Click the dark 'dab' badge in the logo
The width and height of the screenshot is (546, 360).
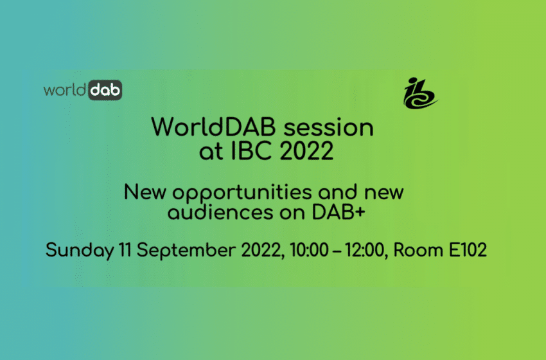tap(105, 90)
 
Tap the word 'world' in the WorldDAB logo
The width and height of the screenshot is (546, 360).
tap(65, 90)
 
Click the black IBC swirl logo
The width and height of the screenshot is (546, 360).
tap(419, 93)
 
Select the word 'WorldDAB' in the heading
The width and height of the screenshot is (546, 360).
tap(213, 127)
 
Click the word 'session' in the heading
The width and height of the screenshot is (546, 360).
tap(329, 127)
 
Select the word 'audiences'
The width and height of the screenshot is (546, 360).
tap(220, 213)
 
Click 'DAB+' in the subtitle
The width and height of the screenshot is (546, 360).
tap(339, 213)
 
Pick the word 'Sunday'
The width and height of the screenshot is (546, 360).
tap(80, 251)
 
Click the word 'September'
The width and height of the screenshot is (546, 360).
tap(186, 251)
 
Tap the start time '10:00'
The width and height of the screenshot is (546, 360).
tap(309, 250)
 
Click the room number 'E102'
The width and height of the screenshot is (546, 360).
tap(468, 250)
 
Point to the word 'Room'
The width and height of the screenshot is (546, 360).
tap(418, 250)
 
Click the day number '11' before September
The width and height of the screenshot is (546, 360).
tap(125, 250)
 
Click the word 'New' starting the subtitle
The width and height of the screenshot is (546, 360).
tap(145, 192)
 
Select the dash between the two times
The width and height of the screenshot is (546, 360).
tap(337, 251)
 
